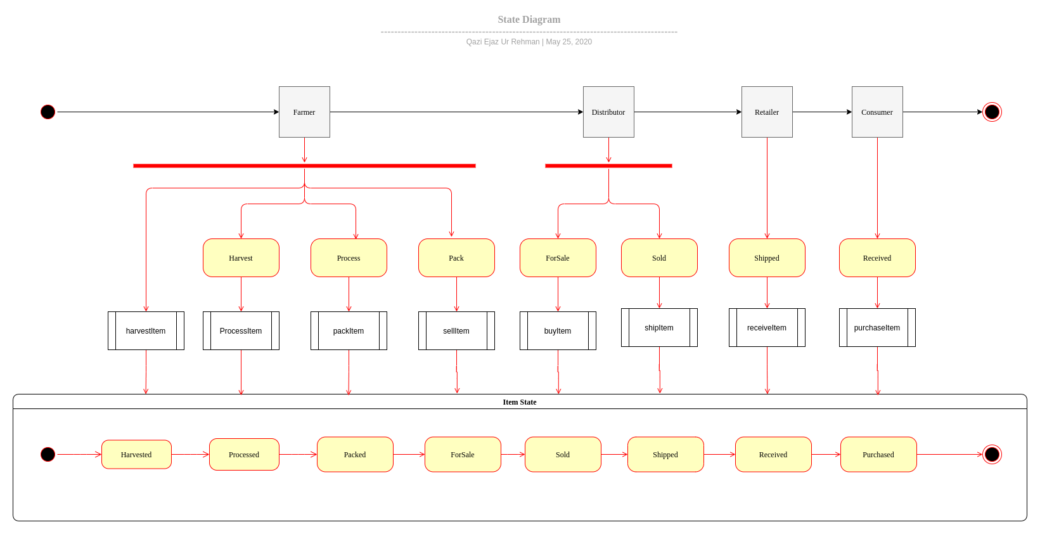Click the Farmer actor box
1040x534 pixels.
coord(304,112)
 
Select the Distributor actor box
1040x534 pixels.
coord(608,112)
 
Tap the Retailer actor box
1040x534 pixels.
coord(767,112)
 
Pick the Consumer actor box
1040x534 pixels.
coord(877,112)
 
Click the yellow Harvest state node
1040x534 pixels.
coord(241,258)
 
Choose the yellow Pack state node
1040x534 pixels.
coord(456,258)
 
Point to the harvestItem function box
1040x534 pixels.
coord(146,330)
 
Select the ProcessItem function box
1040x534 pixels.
coord(241,330)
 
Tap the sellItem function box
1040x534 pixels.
coord(456,330)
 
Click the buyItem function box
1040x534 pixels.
coord(558,330)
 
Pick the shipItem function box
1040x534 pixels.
coord(659,327)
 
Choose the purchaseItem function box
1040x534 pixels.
coord(877,327)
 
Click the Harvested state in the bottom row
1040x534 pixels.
coord(136,455)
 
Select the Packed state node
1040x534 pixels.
coord(355,455)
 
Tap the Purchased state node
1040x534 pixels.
coord(878,455)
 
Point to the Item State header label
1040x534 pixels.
coord(520,402)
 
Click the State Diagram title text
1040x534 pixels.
coord(529,20)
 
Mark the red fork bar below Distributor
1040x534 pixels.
coord(608,166)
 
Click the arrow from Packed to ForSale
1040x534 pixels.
coord(409,455)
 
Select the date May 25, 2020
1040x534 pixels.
coord(569,42)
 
